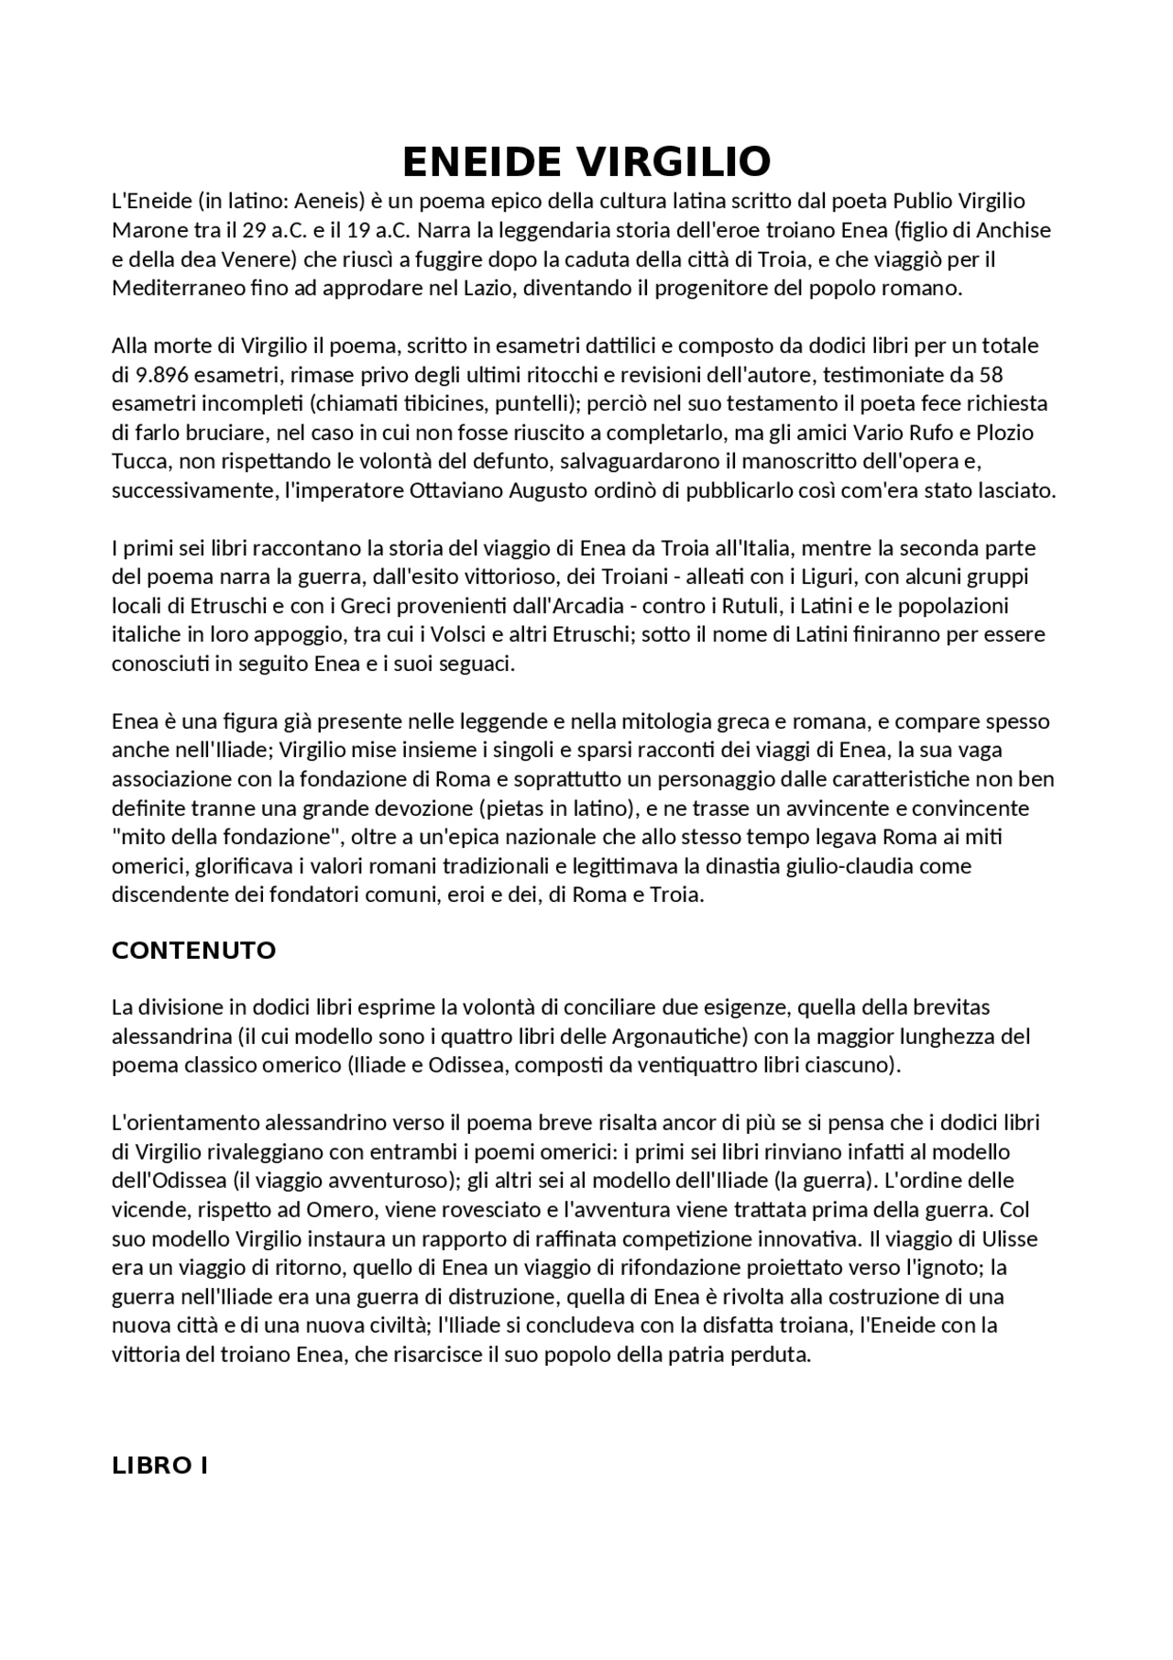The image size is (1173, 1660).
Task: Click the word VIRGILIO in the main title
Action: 673,162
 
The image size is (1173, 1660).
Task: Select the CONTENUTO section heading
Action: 193,951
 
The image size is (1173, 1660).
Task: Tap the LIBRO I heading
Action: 159,1466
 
